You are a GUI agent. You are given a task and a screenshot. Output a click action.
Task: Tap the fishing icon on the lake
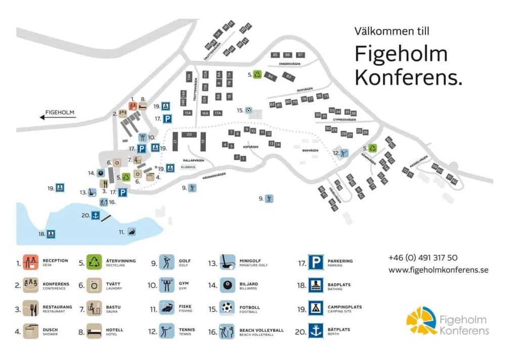[x=132, y=232]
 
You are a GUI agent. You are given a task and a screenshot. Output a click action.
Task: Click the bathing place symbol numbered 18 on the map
[x=51, y=234]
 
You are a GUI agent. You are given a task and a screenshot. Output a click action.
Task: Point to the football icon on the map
[x=248, y=110]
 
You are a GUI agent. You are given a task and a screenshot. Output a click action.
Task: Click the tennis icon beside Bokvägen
[x=344, y=153]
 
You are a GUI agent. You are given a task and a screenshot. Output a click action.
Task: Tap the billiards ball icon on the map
[x=101, y=173]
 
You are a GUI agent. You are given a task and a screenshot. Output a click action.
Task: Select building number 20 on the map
[x=189, y=134]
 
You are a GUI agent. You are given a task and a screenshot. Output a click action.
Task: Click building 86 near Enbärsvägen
[x=287, y=55]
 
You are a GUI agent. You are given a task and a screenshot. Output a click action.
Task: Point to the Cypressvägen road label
[x=345, y=120]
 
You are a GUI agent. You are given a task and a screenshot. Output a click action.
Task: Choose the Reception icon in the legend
[x=31, y=262]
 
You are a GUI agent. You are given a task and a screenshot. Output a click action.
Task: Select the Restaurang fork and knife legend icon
[x=31, y=308]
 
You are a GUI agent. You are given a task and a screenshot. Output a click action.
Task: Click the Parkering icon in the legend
[x=316, y=262]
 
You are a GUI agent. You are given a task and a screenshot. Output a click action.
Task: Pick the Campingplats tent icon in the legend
[x=316, y=308]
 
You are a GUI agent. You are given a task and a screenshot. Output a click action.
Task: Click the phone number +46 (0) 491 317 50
[x=423, y=257]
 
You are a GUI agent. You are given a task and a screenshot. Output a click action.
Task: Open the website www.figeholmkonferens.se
[x=438, y=270]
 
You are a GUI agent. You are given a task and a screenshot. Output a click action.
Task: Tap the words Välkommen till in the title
[x=392, y=31]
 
